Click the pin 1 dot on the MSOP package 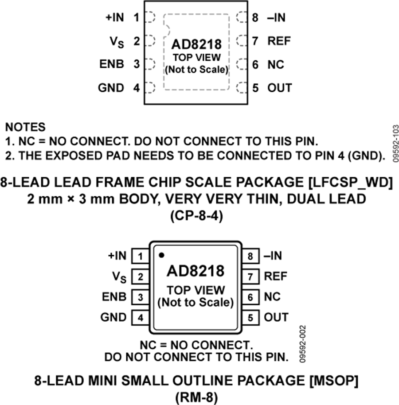[x=161, y=255]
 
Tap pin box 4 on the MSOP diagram [x=141, y=317]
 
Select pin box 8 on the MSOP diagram [x=251, y=256]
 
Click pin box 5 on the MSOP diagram [x=251, y=317]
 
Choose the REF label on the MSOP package [x=276, y=276]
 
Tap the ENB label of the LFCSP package [x=113, y=65]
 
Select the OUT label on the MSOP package [x=276, y=317]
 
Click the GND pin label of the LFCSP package [x=111, y=88]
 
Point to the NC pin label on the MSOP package [x=272, y=296]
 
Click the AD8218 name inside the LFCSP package [x=196, y=45]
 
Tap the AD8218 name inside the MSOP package [x=196, y=270]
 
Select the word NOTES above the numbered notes [x=25, y=127]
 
